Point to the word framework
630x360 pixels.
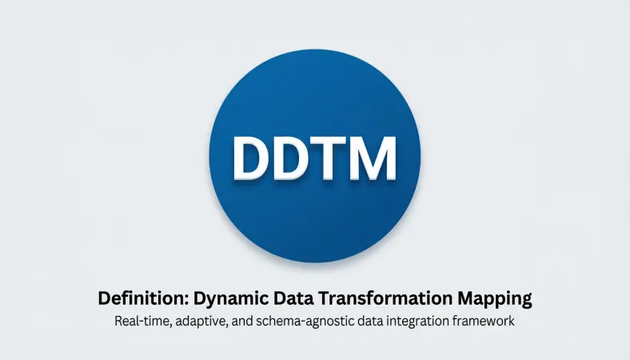[x=488, y=322]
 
